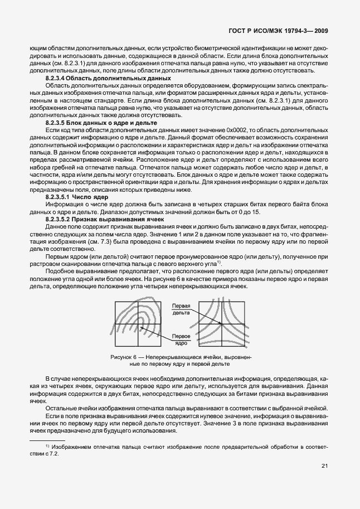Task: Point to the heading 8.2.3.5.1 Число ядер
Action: pos(76,197)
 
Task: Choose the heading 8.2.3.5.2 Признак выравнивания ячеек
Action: pos(100,219)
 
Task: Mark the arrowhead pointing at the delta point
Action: pos(221,323)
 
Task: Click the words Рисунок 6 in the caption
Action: pos(124,356)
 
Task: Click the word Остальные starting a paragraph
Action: pos(60,409)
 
